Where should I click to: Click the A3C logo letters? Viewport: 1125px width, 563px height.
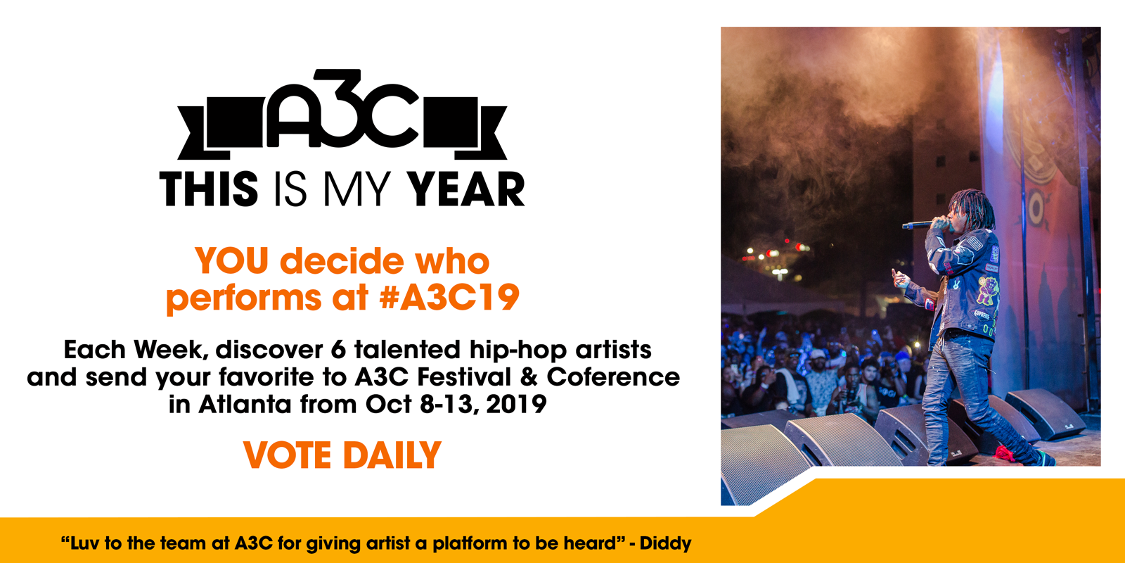pos(342,108)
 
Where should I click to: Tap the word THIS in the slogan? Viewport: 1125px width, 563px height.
pos(209,189)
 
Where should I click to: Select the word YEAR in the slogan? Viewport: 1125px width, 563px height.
pos(465,189)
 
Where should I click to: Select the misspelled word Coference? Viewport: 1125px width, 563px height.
pos(613,377)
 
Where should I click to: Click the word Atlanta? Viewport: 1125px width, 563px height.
pos(245,404)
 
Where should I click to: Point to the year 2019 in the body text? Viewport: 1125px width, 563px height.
pos(516,404)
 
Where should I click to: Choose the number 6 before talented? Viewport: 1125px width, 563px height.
pos(338,350)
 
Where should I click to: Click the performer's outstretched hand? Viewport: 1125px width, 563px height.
pos(899,278)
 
